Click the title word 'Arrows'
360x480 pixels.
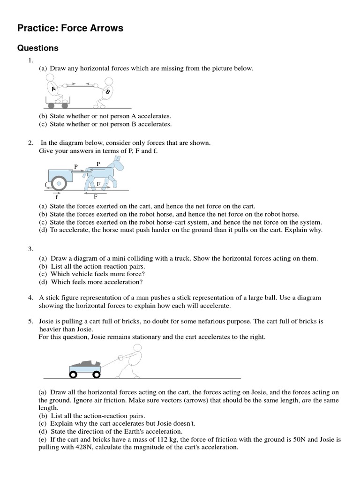coord(104,29)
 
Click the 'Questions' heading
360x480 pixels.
coord(37,48)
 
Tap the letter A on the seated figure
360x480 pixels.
coord(54,89)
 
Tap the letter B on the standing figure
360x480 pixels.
coord(107,92)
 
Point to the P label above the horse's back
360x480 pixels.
coord(98,164)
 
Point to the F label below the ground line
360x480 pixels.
coord(95,196)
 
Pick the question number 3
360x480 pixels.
coord(30,249)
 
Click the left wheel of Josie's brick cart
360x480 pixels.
coord(73,374)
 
